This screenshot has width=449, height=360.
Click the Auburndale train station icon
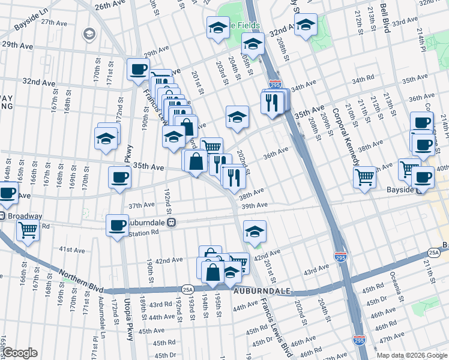tap(171, 222)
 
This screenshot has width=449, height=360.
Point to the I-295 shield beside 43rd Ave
tap(340, 257)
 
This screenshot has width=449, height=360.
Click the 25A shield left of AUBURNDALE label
tap(187, 289)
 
